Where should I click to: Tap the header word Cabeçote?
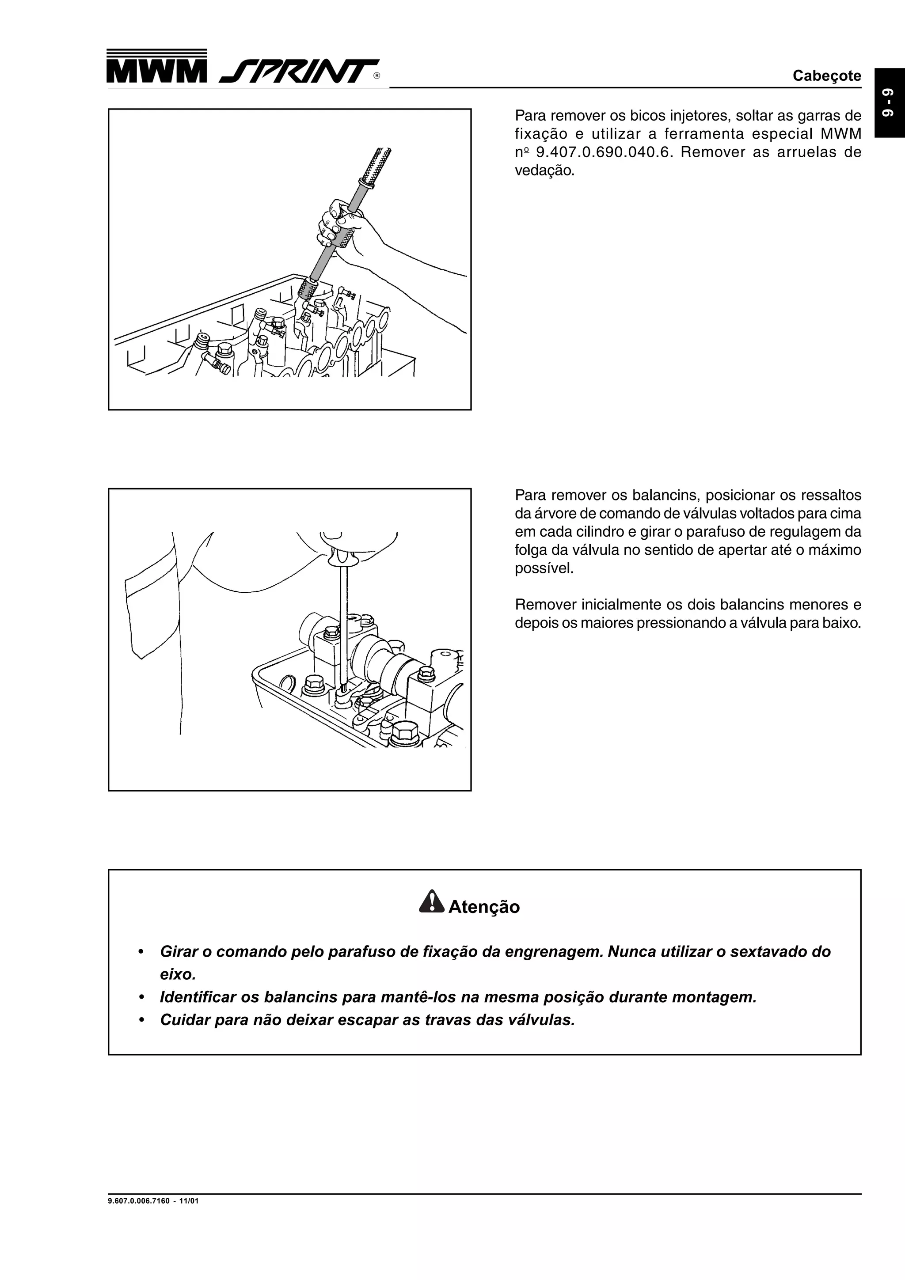(826, 76)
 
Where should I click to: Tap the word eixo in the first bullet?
(177, 974)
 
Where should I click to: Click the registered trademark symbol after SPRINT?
(377, 76)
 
